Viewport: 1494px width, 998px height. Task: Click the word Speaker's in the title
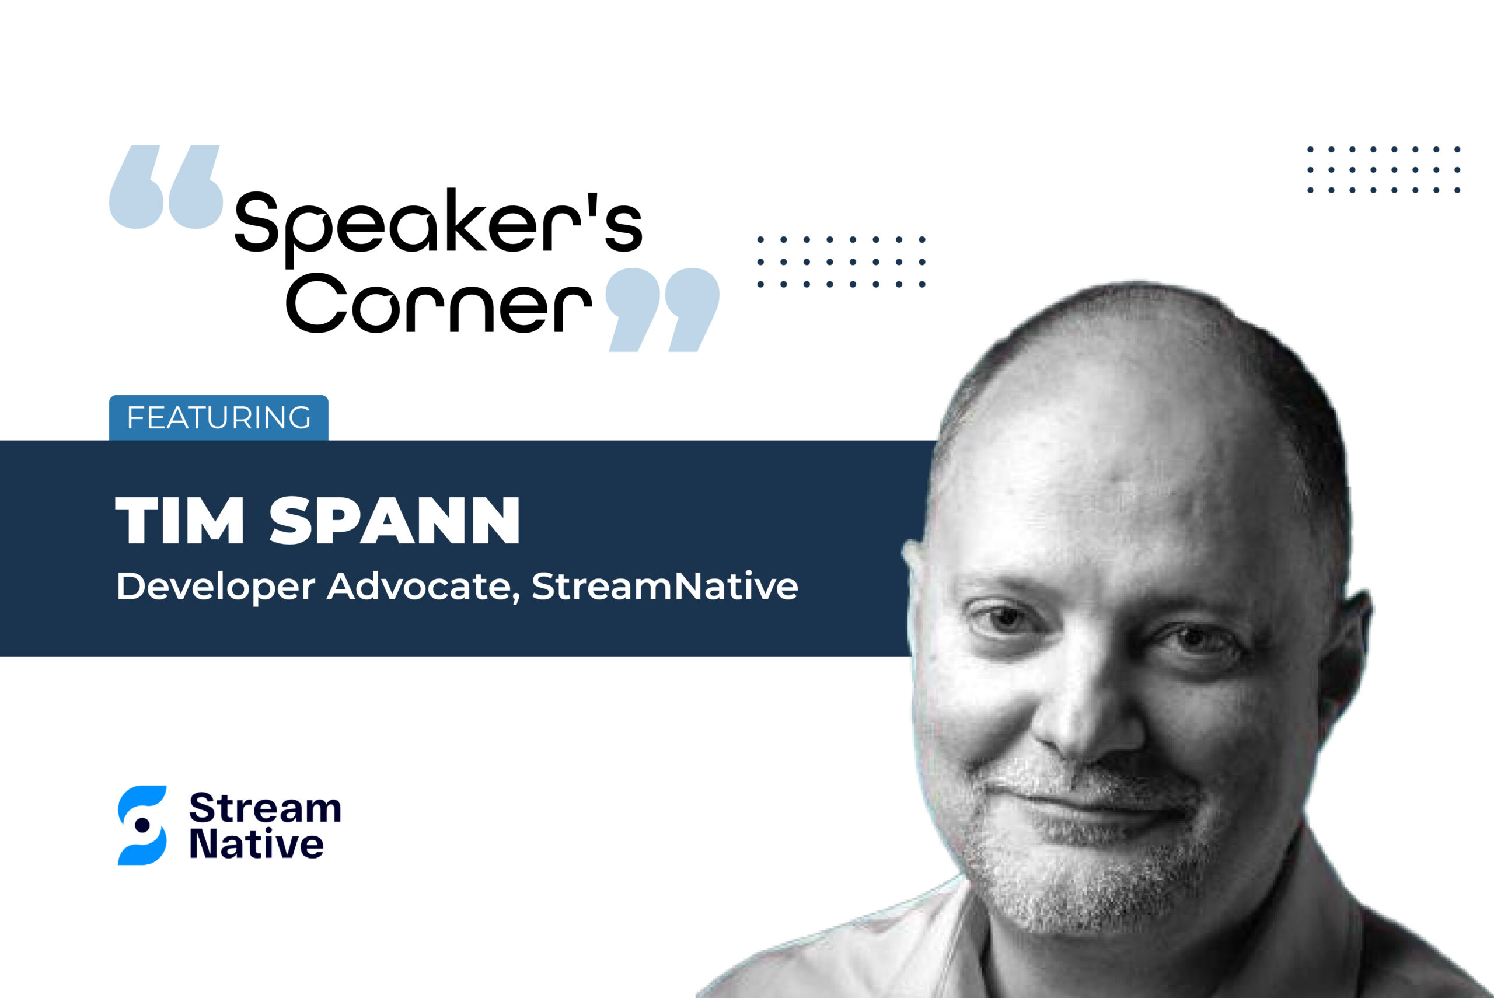(x=438, y=227)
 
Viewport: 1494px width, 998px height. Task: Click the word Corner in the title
(x=439, y=303)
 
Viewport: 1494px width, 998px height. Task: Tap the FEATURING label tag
(x=219, y=417)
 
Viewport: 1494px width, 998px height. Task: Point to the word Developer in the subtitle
(x=216, y=587)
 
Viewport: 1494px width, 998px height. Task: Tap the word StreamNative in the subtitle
(x=665, y=586)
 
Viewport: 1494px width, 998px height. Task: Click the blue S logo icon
(x=142, y=825)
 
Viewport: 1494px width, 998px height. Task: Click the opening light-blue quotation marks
(x=166, y=187)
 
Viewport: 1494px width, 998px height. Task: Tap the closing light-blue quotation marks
(x=662, y=309)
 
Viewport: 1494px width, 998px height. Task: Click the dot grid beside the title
(x=841, y=261)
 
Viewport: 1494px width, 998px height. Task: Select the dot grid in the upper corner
(x=1384, y=169)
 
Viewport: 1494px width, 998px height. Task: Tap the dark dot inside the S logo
(x=142, y=825)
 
